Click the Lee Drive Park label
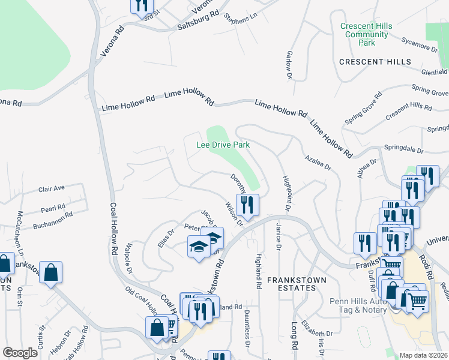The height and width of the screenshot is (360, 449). pos(223,145)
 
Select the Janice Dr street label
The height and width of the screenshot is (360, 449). pos(278,238)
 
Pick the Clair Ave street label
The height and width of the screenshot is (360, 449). pos(51,188)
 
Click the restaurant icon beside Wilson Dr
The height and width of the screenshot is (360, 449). pos(247,205)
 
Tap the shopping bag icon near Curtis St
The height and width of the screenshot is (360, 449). pos(51,272)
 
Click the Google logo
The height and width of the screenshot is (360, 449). pos(20,353)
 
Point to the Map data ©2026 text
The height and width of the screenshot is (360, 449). pos(424,355)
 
